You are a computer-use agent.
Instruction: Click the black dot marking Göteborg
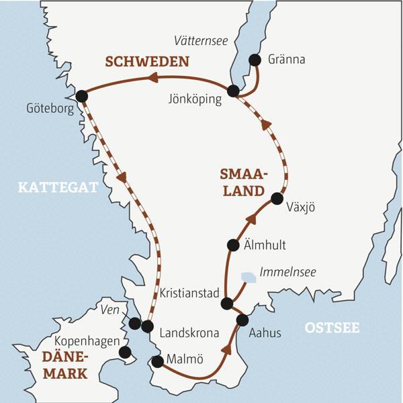click(82, 96)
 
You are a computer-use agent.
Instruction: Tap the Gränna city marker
click(255, 60)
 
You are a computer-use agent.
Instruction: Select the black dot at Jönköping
click(233, 91)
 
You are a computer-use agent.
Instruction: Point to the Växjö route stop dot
click(277, 198)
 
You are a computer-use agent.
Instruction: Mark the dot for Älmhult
click(233, 245)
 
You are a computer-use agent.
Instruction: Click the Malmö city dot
click(157, 363)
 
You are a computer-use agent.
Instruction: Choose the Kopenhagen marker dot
click(124, 352)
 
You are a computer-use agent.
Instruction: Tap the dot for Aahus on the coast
click(242, 320)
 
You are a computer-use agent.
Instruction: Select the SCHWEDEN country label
click(146, 62)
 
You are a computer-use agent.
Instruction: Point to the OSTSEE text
click(332, 328)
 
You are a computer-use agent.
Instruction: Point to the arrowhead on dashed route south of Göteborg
click(122, 179)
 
